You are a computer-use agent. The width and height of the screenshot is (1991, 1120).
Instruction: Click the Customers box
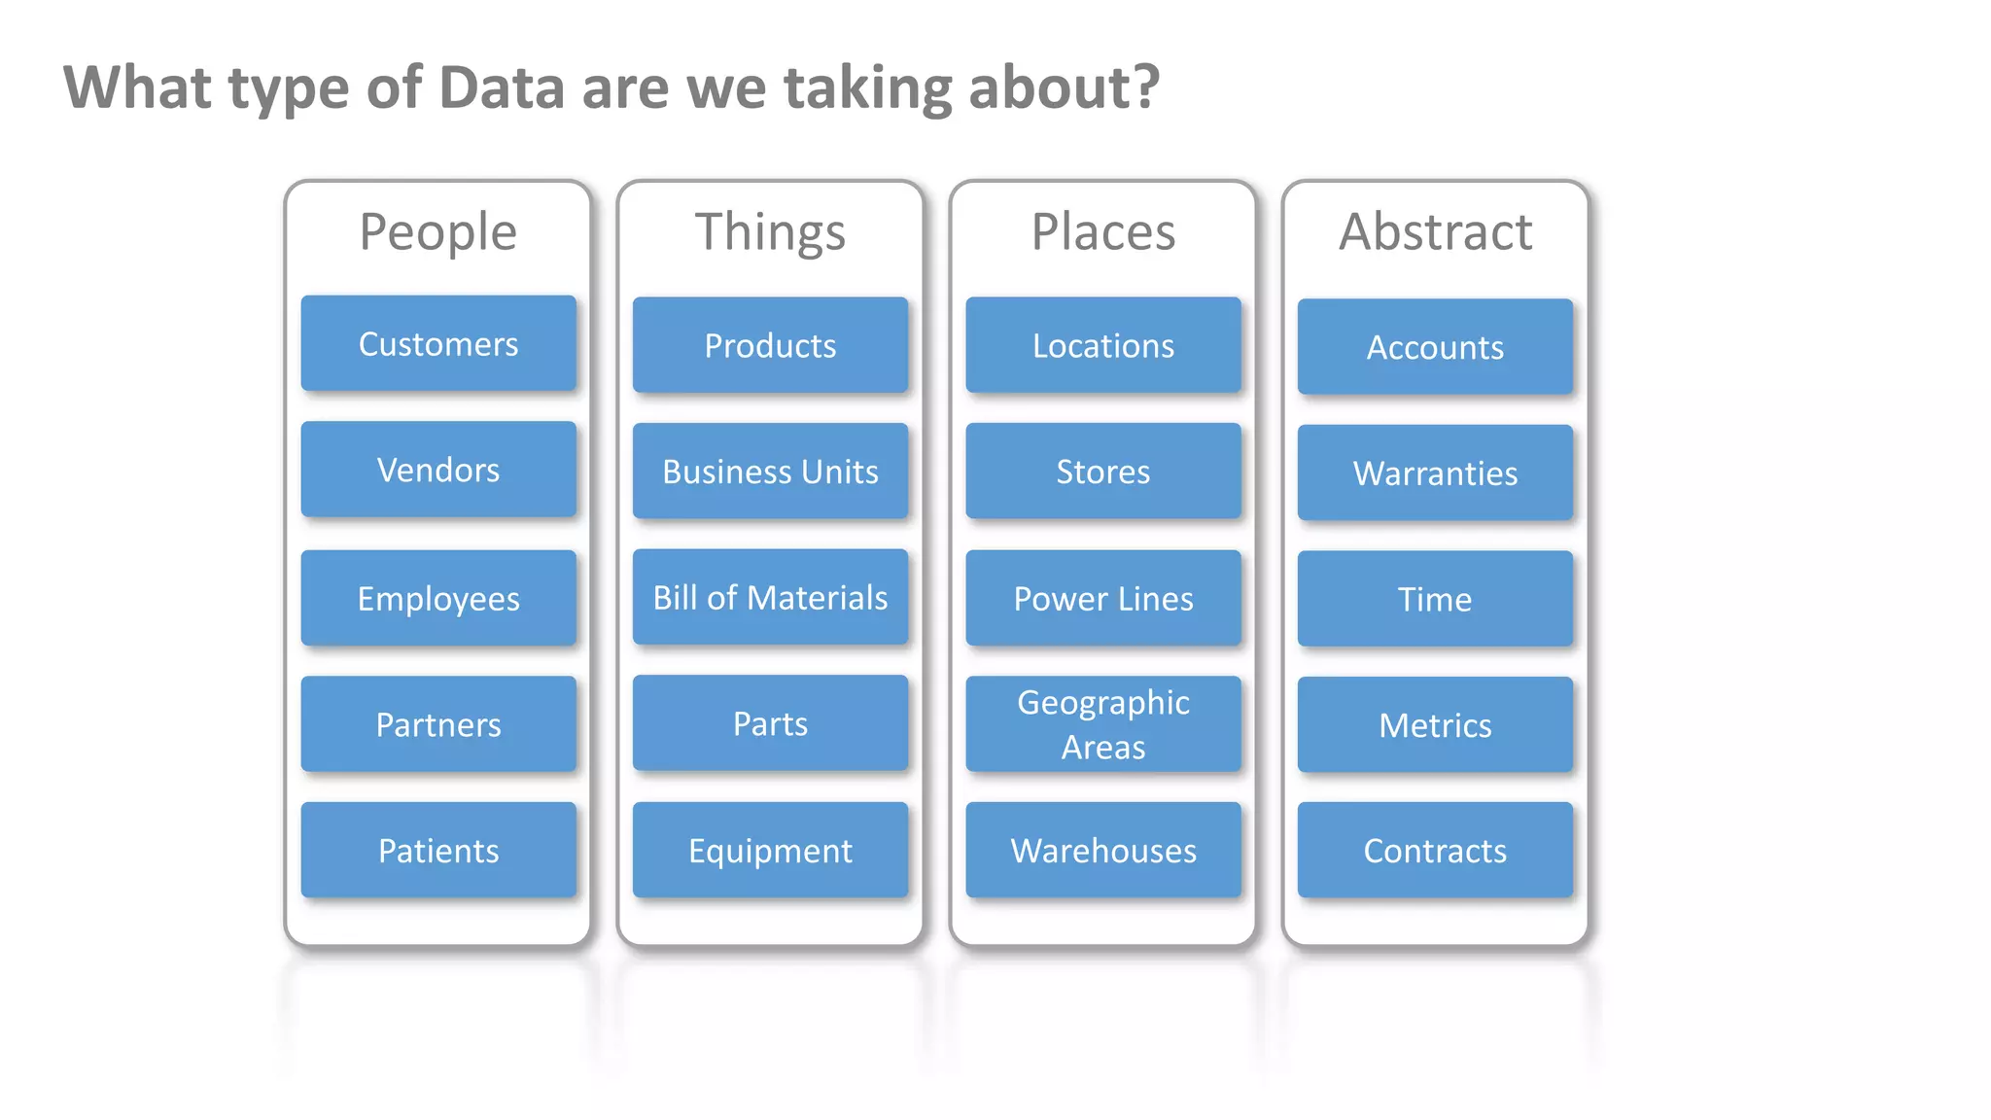pos(438,344)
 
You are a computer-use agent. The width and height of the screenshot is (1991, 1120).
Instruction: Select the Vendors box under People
pos(438,470)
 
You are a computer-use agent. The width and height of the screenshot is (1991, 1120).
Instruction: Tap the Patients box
pos(438,851)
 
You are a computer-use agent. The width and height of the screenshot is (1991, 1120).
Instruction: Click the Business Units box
pos(770,472)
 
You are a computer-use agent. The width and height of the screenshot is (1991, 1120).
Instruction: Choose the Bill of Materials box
pos(770,597)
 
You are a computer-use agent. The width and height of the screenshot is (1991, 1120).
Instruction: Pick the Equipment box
pos(770,851)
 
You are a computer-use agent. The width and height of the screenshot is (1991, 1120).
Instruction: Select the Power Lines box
pos(1103,599)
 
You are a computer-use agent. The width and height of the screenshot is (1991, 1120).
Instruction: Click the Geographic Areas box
pos(1103,724)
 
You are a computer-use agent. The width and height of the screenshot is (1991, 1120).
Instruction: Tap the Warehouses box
pos(1103,851)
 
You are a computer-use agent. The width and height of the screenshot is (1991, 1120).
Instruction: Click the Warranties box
pos(1435,473)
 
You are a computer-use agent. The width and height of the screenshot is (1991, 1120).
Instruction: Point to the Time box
pos(1435,599)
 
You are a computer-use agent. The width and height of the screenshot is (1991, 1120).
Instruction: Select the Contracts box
pos(1435,851)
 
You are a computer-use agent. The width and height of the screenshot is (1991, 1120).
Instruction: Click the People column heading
pos(438,231)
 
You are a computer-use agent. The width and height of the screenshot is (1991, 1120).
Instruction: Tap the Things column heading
pos(770,231)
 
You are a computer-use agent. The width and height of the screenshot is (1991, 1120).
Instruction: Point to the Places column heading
pos(1103,231)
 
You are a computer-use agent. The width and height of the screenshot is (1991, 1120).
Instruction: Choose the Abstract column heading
pos(1435,231)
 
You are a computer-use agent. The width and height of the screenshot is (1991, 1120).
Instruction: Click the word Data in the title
pos(502,87)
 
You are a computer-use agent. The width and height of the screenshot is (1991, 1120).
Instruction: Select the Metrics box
pos(1435,725)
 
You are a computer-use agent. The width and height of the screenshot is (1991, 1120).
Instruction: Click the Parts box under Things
pos(770,724)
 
